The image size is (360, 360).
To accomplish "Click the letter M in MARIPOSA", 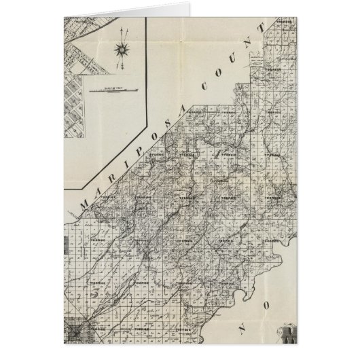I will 86,202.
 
